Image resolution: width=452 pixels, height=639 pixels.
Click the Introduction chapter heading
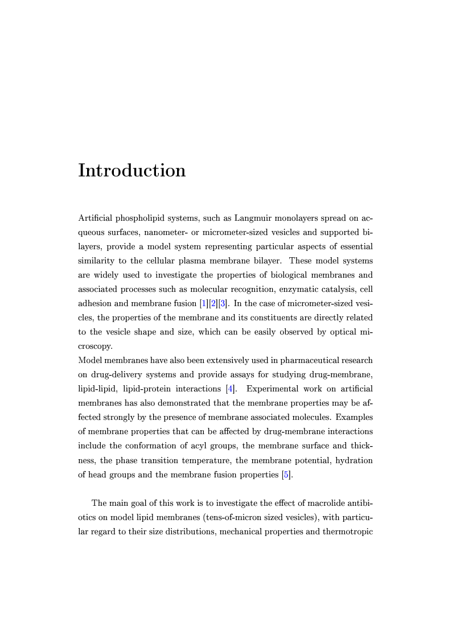click(132, 170)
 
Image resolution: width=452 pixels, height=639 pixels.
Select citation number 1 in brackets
click(203, 303)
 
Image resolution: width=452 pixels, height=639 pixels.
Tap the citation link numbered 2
click(213, 303)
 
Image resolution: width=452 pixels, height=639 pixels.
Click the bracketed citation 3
click(223, 303)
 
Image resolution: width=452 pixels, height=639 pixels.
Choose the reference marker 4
click(229, 389)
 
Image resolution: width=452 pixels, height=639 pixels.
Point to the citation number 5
click(286, 474)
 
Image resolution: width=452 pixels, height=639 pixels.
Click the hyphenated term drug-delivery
click(117, 374)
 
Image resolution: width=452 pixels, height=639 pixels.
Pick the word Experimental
click(273, 389)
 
